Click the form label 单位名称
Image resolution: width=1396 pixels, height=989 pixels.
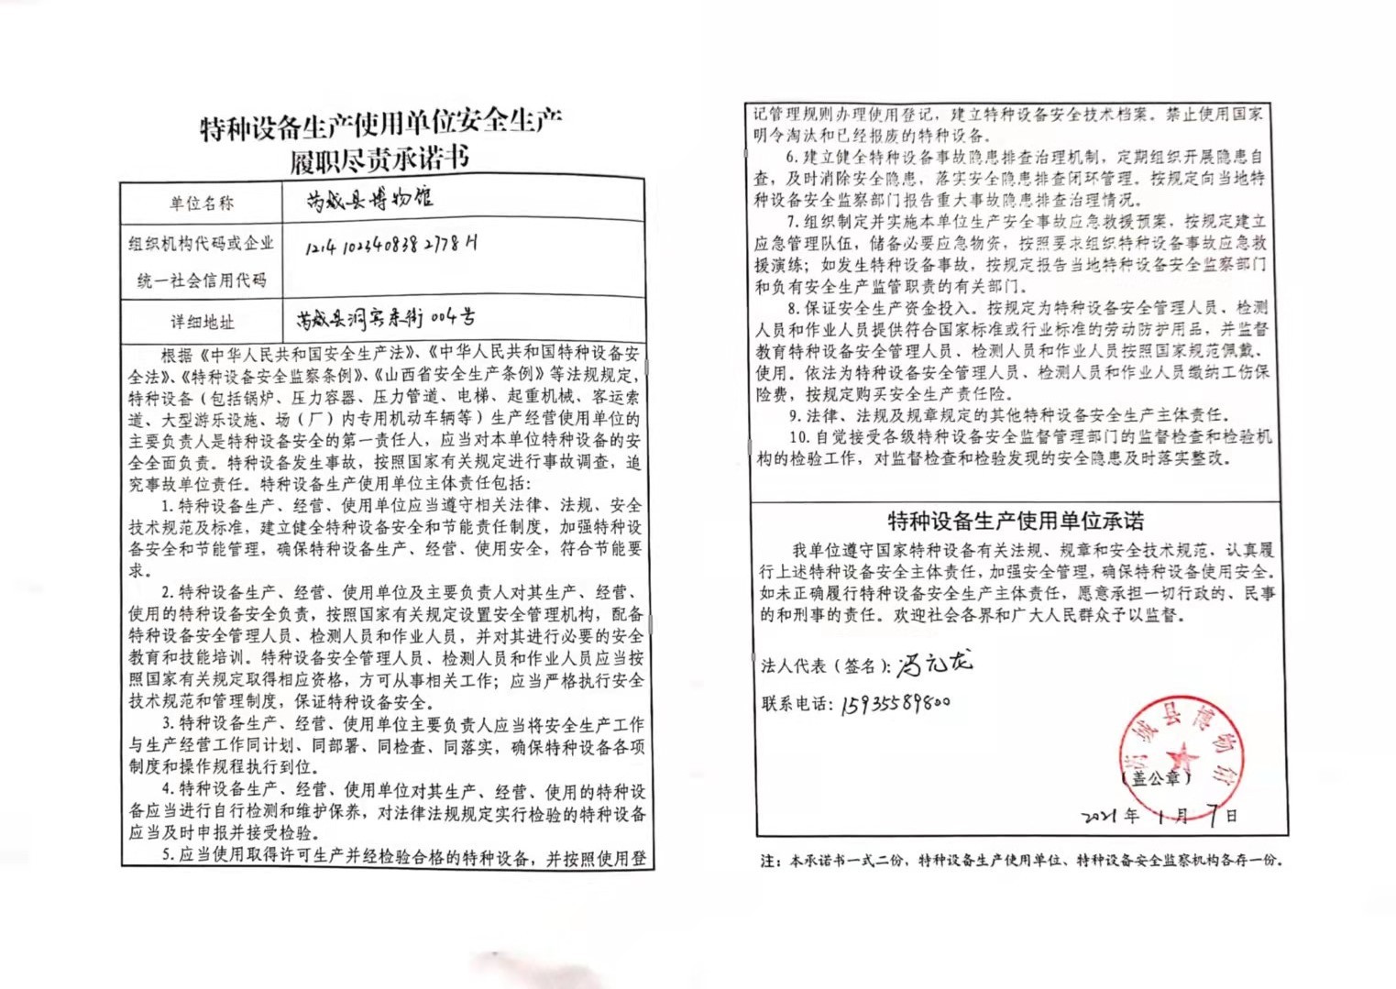pos(201,203)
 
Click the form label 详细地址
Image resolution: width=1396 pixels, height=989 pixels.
pos(202,322)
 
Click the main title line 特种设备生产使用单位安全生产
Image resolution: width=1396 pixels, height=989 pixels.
pos(380,126)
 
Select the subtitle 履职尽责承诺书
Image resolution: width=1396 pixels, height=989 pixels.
pos(379,160)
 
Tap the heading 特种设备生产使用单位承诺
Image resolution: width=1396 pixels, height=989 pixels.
pos(1016,522)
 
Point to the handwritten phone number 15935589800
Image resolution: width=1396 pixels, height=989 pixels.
pos(895,704)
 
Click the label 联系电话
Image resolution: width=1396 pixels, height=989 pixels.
pos(797,704)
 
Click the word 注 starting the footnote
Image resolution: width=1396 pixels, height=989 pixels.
pos(768,861)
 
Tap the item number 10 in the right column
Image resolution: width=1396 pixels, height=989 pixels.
pos(797,436)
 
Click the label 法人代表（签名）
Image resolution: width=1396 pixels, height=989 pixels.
pos(825,665)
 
